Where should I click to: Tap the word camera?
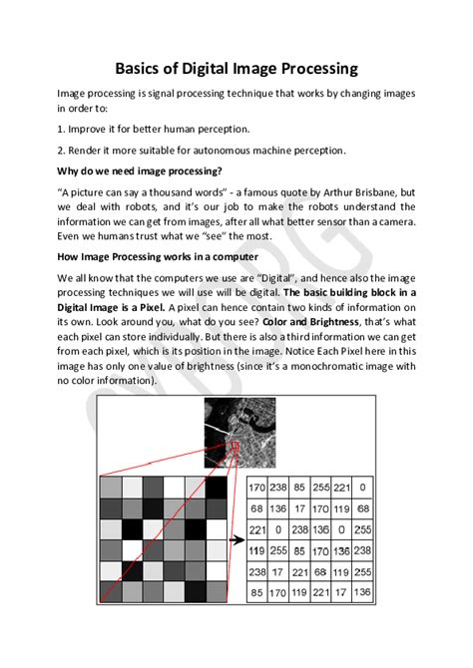click(392, 221)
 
